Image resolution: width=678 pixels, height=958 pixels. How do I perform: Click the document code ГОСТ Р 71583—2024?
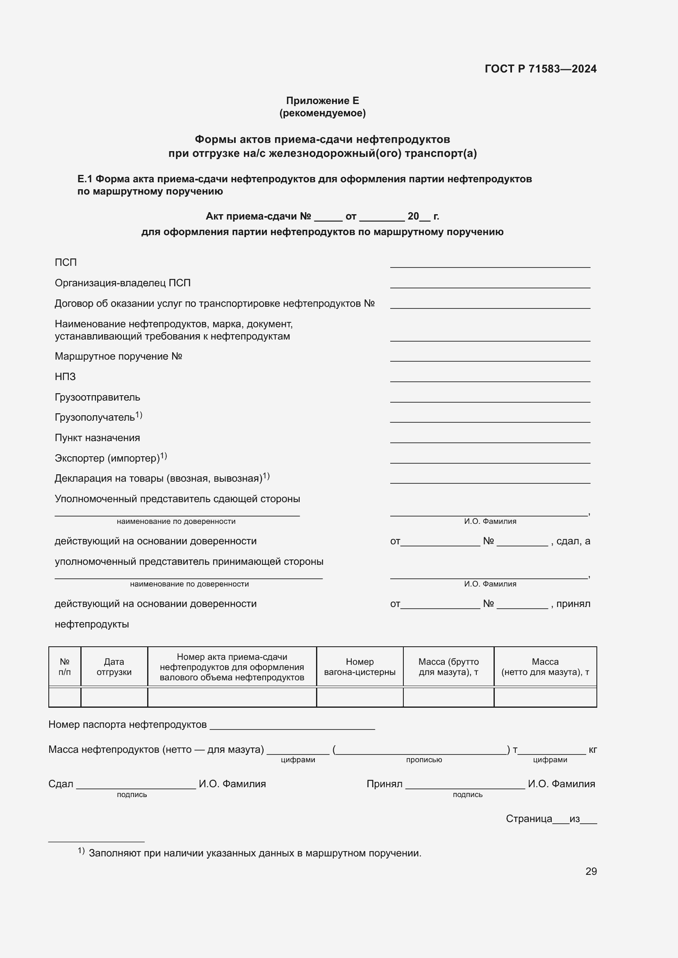[x=540, y=69]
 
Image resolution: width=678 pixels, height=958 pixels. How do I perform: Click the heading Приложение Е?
[x=322, y=101]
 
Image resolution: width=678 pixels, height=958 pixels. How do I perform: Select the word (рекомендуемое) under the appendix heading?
[x=322, y=113]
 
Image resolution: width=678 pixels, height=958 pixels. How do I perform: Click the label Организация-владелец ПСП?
[x=122, y=283]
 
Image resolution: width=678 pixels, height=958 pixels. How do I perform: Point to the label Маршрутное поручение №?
[x=118, y=356]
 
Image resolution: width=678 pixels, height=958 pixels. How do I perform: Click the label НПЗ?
[x=65, y=377]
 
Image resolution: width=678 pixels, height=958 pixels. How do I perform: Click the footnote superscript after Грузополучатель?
[x=139, y=415]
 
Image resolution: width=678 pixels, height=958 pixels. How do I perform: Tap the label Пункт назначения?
[x=97, y=438]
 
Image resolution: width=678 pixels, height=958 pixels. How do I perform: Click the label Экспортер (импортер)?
[x=107, y=458]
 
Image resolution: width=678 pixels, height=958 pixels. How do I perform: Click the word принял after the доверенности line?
[x=573, y=604]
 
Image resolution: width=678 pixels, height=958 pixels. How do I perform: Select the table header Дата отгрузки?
[x=114, y=667]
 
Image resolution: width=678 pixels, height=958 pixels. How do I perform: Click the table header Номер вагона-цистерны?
[x=359, y=667]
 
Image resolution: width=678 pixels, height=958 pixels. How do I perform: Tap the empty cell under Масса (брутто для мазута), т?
[x=448, y=697]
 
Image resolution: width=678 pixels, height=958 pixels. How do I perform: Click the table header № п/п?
[x=65, y=667]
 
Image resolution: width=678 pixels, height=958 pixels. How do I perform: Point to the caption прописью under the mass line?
[x=424, y=760]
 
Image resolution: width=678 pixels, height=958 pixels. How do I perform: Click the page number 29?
[x=591, y=871]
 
